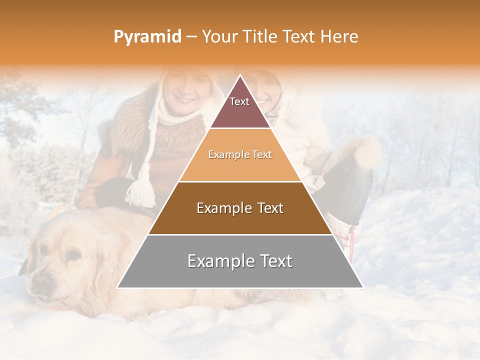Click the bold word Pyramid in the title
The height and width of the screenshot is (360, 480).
(x=147, y=36)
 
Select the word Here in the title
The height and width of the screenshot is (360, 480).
(x=339, y=36)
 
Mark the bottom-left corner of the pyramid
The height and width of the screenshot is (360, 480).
(x=118, y=287)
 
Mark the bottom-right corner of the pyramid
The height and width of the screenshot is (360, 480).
(x=362, y=287)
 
